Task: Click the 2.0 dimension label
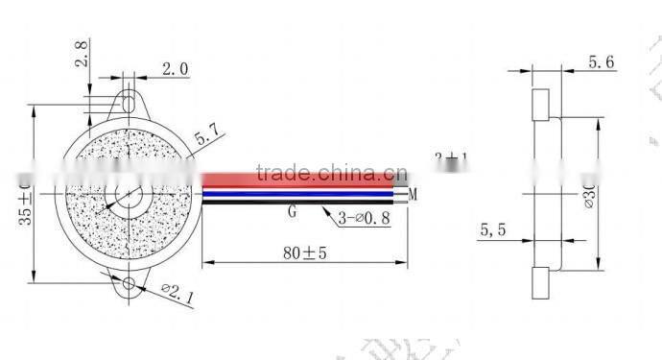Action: (x=175, y=70)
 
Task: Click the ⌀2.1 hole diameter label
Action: (x=178, y=294)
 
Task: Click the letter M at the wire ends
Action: (x=414, y=196)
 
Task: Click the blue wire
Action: (x=307, y=194)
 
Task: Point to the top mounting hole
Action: (x=128, y=100)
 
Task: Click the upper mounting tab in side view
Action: (x=539, y=105)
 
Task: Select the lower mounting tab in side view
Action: (x=538, y=281)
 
